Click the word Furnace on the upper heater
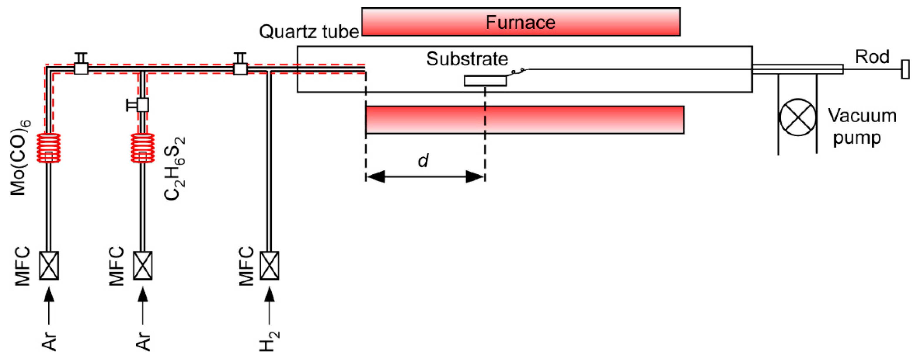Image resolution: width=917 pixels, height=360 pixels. point(520,23)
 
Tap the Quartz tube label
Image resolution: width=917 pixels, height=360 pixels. point(309,32)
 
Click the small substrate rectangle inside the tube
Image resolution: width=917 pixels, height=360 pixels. point(485,81)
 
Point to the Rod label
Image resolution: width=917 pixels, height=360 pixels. point(872,57)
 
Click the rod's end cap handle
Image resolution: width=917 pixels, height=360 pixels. point(905,69)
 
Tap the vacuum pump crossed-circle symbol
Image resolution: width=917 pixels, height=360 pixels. point(797,118)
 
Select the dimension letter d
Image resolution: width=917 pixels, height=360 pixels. point(423,160)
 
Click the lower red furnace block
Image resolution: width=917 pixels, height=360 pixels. point(525,120)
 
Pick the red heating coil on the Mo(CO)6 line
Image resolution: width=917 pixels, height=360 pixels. point(49,148)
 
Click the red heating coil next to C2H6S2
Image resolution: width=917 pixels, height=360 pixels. point(143,148)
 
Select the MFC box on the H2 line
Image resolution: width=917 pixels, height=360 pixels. point(270,266)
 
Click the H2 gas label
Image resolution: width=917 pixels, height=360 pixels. point(270,341)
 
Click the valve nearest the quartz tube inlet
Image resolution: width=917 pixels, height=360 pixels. point(240,68)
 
